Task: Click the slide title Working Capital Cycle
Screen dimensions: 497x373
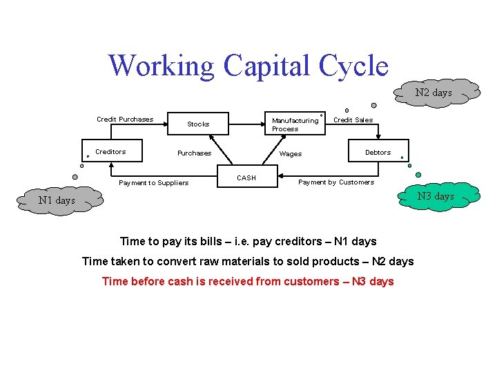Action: click(248, 66)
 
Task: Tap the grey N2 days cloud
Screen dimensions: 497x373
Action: click(433, 93)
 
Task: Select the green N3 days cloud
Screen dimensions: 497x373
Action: click(434, 196)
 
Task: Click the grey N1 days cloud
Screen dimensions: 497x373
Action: click(57, 200)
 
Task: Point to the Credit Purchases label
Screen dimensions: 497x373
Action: click(125, 119)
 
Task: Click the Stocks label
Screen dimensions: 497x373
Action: click(198, 124)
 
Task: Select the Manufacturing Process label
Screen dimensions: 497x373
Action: click(295, 124)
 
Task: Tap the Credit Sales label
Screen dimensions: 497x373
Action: click(353, 119)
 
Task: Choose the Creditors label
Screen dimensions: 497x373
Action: click(110, 151)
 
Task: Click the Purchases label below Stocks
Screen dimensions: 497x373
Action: click(194, 153)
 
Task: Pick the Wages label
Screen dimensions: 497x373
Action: click(291, 154)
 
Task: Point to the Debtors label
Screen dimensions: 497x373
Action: click(378, 152)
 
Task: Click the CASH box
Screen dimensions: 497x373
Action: click(246, 178)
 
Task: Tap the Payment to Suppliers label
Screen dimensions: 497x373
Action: click(153, 183)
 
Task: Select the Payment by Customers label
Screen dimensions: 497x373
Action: click(336, 182)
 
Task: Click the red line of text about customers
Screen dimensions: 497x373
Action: click(248, 281)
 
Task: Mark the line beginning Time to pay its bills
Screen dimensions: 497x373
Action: click(248, 241)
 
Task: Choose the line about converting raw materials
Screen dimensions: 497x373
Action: click(248, 261)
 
